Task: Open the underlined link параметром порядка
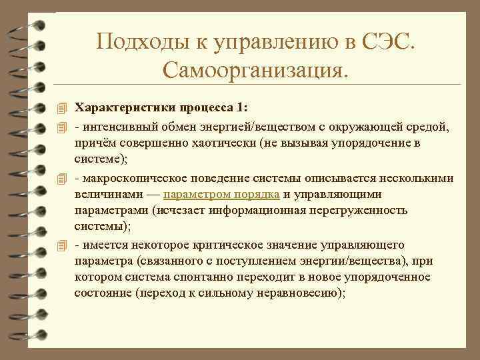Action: point(220,195)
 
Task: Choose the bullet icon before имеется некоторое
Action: point(62,245)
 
